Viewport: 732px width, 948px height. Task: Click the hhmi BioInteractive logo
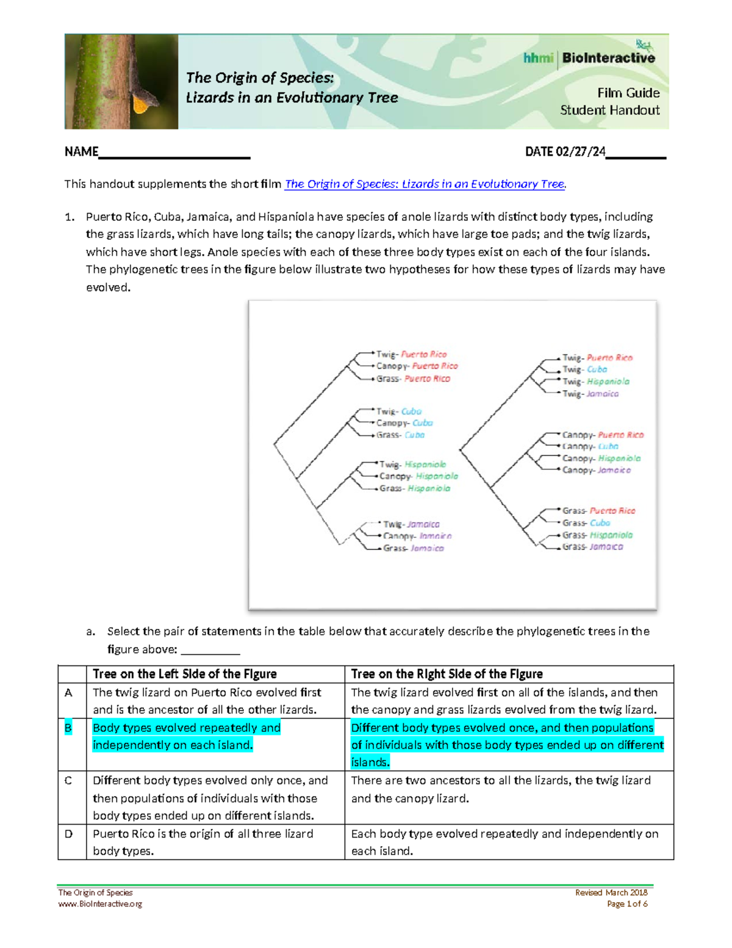(x=589, y=57)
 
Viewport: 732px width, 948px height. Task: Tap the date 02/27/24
(x=580, y=151)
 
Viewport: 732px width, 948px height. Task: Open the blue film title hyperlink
(x=425, y=184)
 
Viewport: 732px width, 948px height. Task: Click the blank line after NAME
(x=174, y=153)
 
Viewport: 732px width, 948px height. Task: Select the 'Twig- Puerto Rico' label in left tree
(x=411, y=354)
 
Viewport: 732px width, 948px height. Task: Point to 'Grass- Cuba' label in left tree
(x=400, y=435)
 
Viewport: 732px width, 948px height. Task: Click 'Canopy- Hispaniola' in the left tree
(x=418, y=476)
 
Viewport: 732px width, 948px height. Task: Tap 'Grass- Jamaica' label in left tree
(x=413, y=548)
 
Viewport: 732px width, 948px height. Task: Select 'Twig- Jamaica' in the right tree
(x=590, y=394)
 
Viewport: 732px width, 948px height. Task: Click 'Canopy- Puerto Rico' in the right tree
(x=603, y=435)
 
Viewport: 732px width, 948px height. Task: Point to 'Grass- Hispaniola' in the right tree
(x=597, y=535)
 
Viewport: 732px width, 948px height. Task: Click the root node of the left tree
(x=274, y=444)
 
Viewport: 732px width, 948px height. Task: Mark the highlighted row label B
(x=68, y=728)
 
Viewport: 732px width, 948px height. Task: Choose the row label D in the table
(x=68, y=834)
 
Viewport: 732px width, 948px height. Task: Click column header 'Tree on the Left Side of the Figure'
(x=185, y=674)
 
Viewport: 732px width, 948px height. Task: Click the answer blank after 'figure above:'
(x=210, y=649)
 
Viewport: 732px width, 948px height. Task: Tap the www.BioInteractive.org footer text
(x=100, y=904)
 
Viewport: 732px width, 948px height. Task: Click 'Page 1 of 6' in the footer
(x=627, y=904)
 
